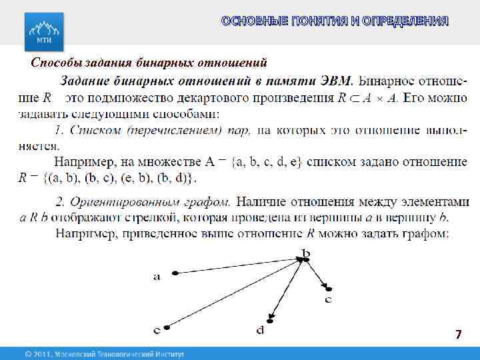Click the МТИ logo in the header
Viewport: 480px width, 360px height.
coord(44,30)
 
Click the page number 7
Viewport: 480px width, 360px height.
coord(458,334)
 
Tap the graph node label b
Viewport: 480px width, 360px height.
coord(306,252)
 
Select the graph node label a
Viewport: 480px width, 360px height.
coord(157,277)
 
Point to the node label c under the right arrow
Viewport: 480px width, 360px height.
coord(328,300)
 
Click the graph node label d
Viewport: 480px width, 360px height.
coord(259,329)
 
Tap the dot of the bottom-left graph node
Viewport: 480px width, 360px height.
coord(167,328)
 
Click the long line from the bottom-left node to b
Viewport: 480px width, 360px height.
coord(233,294)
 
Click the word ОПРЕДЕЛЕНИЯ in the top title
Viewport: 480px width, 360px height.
coord(406,21)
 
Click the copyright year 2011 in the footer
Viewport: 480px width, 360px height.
coord(43,353)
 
